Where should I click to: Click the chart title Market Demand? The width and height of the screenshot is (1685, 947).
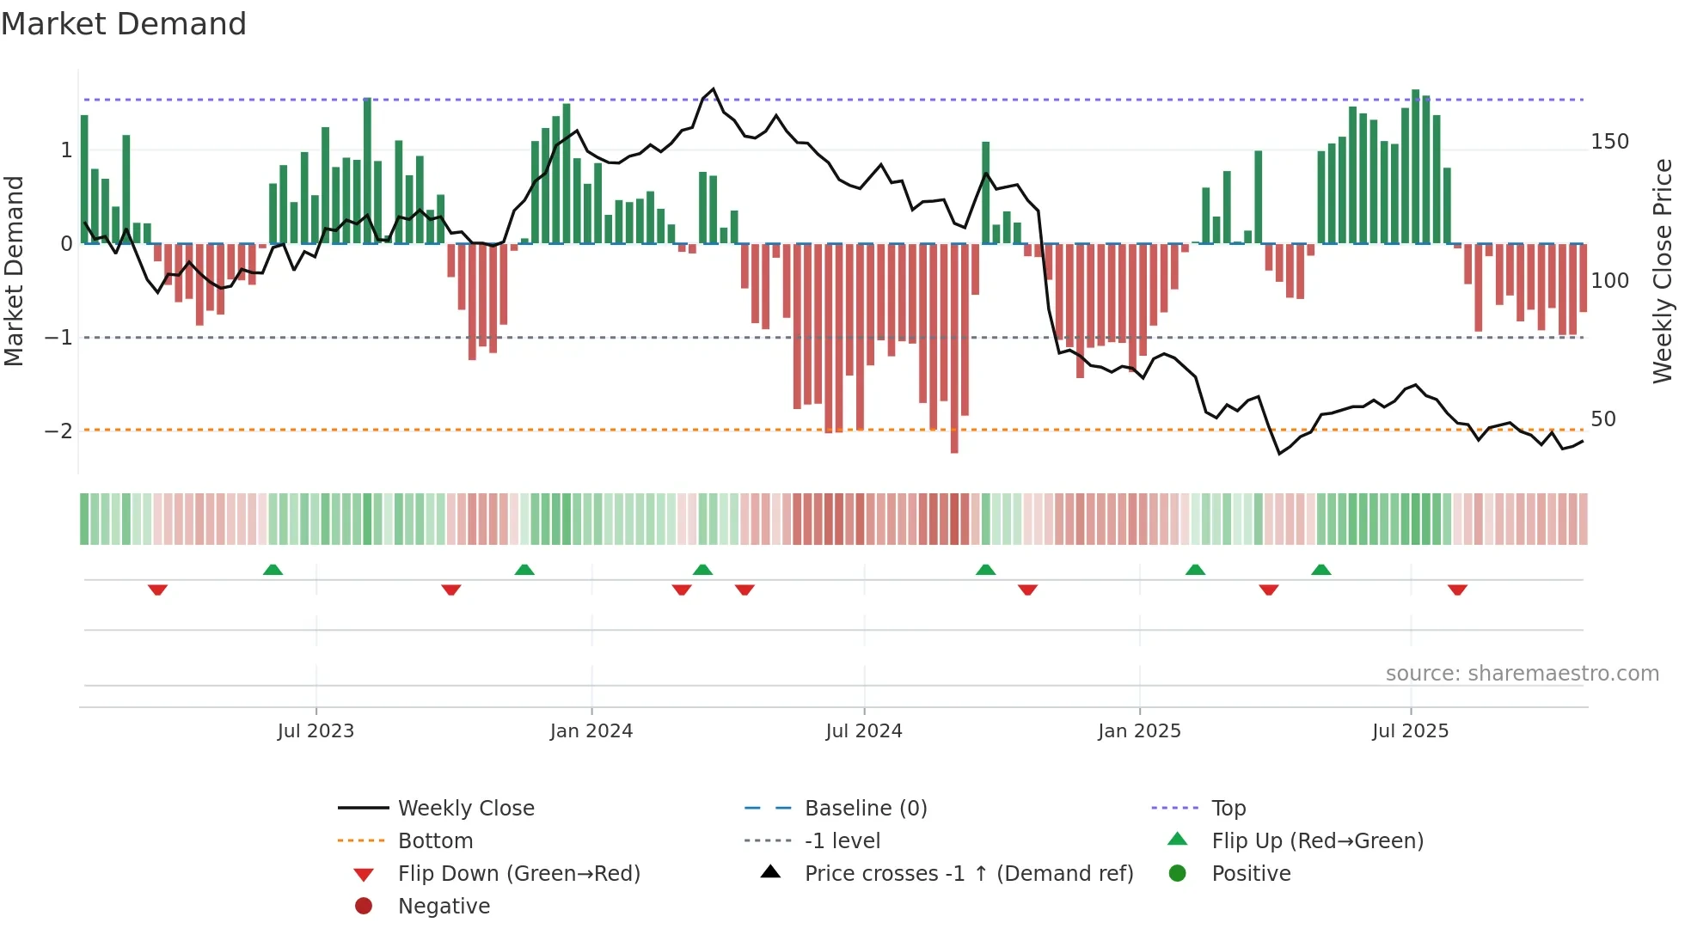click(x=124, y=24)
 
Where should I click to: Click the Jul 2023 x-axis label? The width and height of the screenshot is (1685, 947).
click(x=316, y=731)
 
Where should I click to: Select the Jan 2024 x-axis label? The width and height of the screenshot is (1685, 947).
click(x=591, y=731)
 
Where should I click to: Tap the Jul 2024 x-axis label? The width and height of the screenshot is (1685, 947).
click(x=864, y=731)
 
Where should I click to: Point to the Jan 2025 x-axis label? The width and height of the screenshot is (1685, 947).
click(x=1139, y=731)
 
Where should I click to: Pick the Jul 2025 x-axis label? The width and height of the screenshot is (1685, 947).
click(x=1410, y=731)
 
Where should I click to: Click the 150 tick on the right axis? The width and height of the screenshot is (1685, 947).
click(x=1609, y=142)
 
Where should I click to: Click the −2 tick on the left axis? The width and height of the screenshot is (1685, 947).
click(x=59, y=431)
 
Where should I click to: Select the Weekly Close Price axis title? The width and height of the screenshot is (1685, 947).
click(x=1663, y=271)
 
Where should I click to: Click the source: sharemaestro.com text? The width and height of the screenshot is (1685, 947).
click(x=1522, y=674)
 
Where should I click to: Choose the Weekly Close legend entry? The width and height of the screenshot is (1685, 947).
click(x=465, y=809)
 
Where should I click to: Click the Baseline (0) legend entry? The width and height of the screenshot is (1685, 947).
click(x=865, y=809)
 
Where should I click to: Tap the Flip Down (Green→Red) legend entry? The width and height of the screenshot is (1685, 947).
click(x=518, y=874)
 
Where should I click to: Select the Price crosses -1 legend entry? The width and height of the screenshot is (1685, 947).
click(x=968, y=874)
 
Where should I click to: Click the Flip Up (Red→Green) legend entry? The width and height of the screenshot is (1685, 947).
click(x=1317, y=841)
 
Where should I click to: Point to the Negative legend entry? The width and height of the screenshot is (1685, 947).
click(x=444, y=907)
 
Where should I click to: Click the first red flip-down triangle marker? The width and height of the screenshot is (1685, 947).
click(x=157, y=590)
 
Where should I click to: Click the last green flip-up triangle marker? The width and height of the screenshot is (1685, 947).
click(x=1321, y=570)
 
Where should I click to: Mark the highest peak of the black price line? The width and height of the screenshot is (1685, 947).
click(x=714, y=89)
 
